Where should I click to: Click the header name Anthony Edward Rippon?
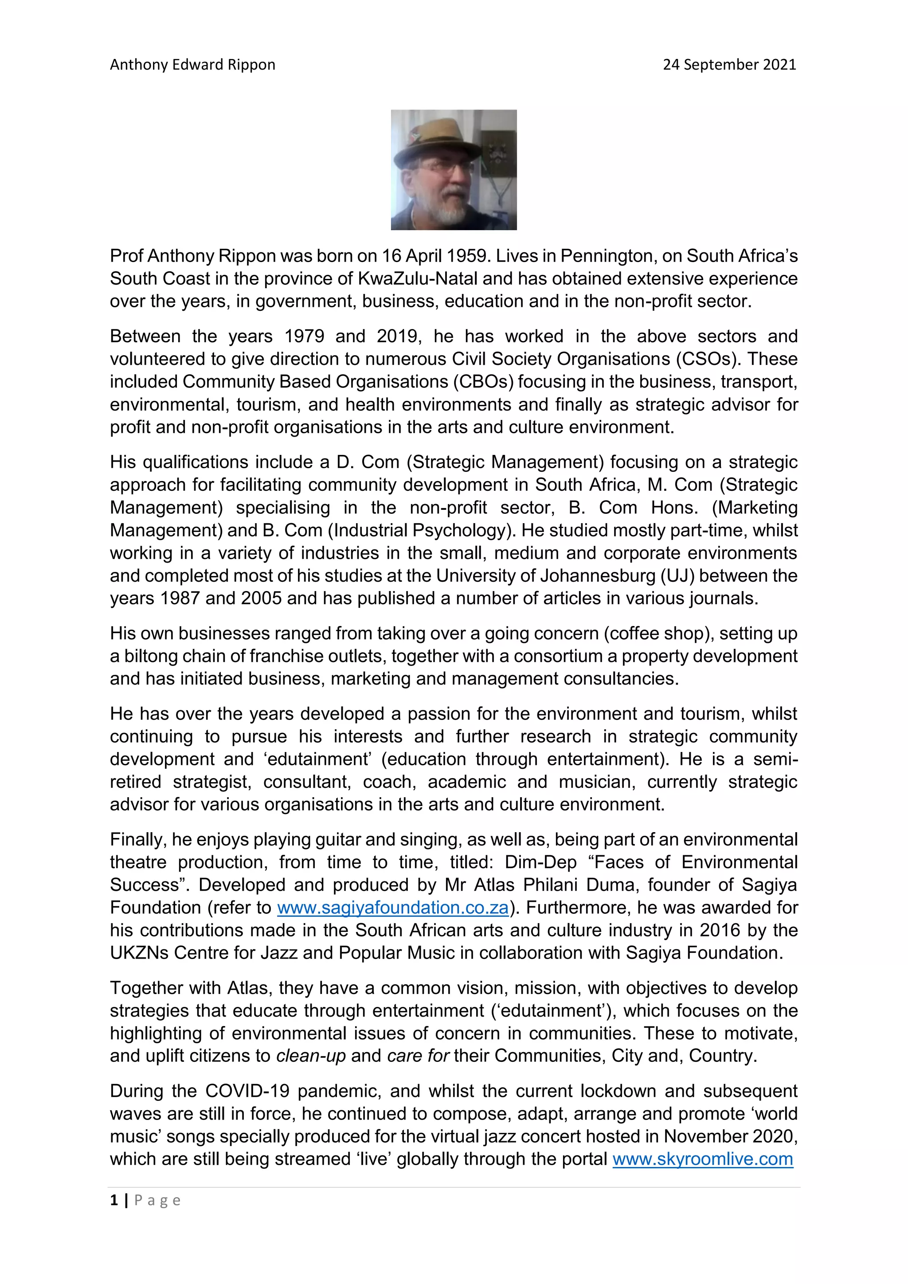(x=192, y=65)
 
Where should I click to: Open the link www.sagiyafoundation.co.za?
(x=392, y=908)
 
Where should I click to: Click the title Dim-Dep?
(x=540, y=862)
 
